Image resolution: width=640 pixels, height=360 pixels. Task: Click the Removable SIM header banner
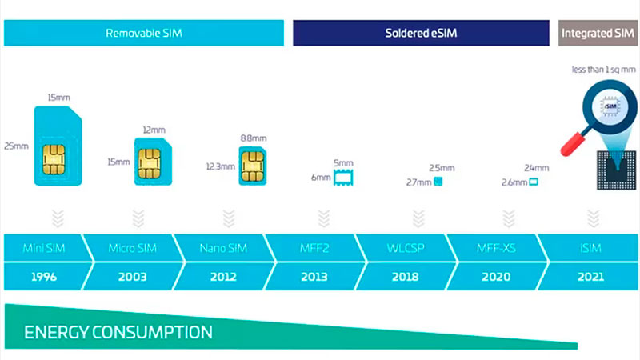pos(144,33)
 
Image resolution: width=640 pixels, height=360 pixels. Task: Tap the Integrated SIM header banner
pos(598,33)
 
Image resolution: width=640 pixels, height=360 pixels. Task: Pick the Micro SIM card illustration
pos(151,161)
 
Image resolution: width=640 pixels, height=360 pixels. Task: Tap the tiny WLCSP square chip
pos(438,182)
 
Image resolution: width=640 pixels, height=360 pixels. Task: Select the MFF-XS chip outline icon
pos(534,182)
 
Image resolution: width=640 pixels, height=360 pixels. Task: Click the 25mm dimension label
pos(16,146)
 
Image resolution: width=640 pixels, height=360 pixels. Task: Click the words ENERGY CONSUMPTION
pos(117,331)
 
